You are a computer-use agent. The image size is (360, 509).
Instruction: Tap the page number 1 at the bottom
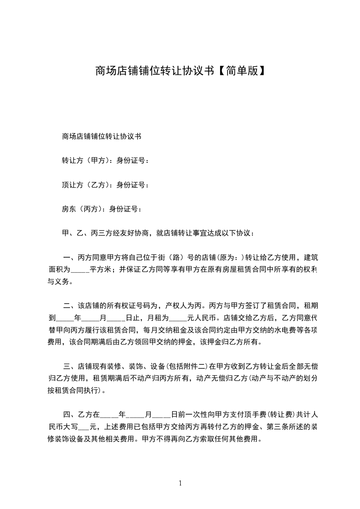point(180,483)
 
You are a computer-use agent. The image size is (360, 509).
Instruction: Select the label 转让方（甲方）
point(86,160)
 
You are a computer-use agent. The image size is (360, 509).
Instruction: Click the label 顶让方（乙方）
point(86,185)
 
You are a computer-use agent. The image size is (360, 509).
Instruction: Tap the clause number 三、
point(69,366)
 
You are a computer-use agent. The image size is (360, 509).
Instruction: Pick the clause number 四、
point(69,415)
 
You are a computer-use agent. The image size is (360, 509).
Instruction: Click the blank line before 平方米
point(80,270)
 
